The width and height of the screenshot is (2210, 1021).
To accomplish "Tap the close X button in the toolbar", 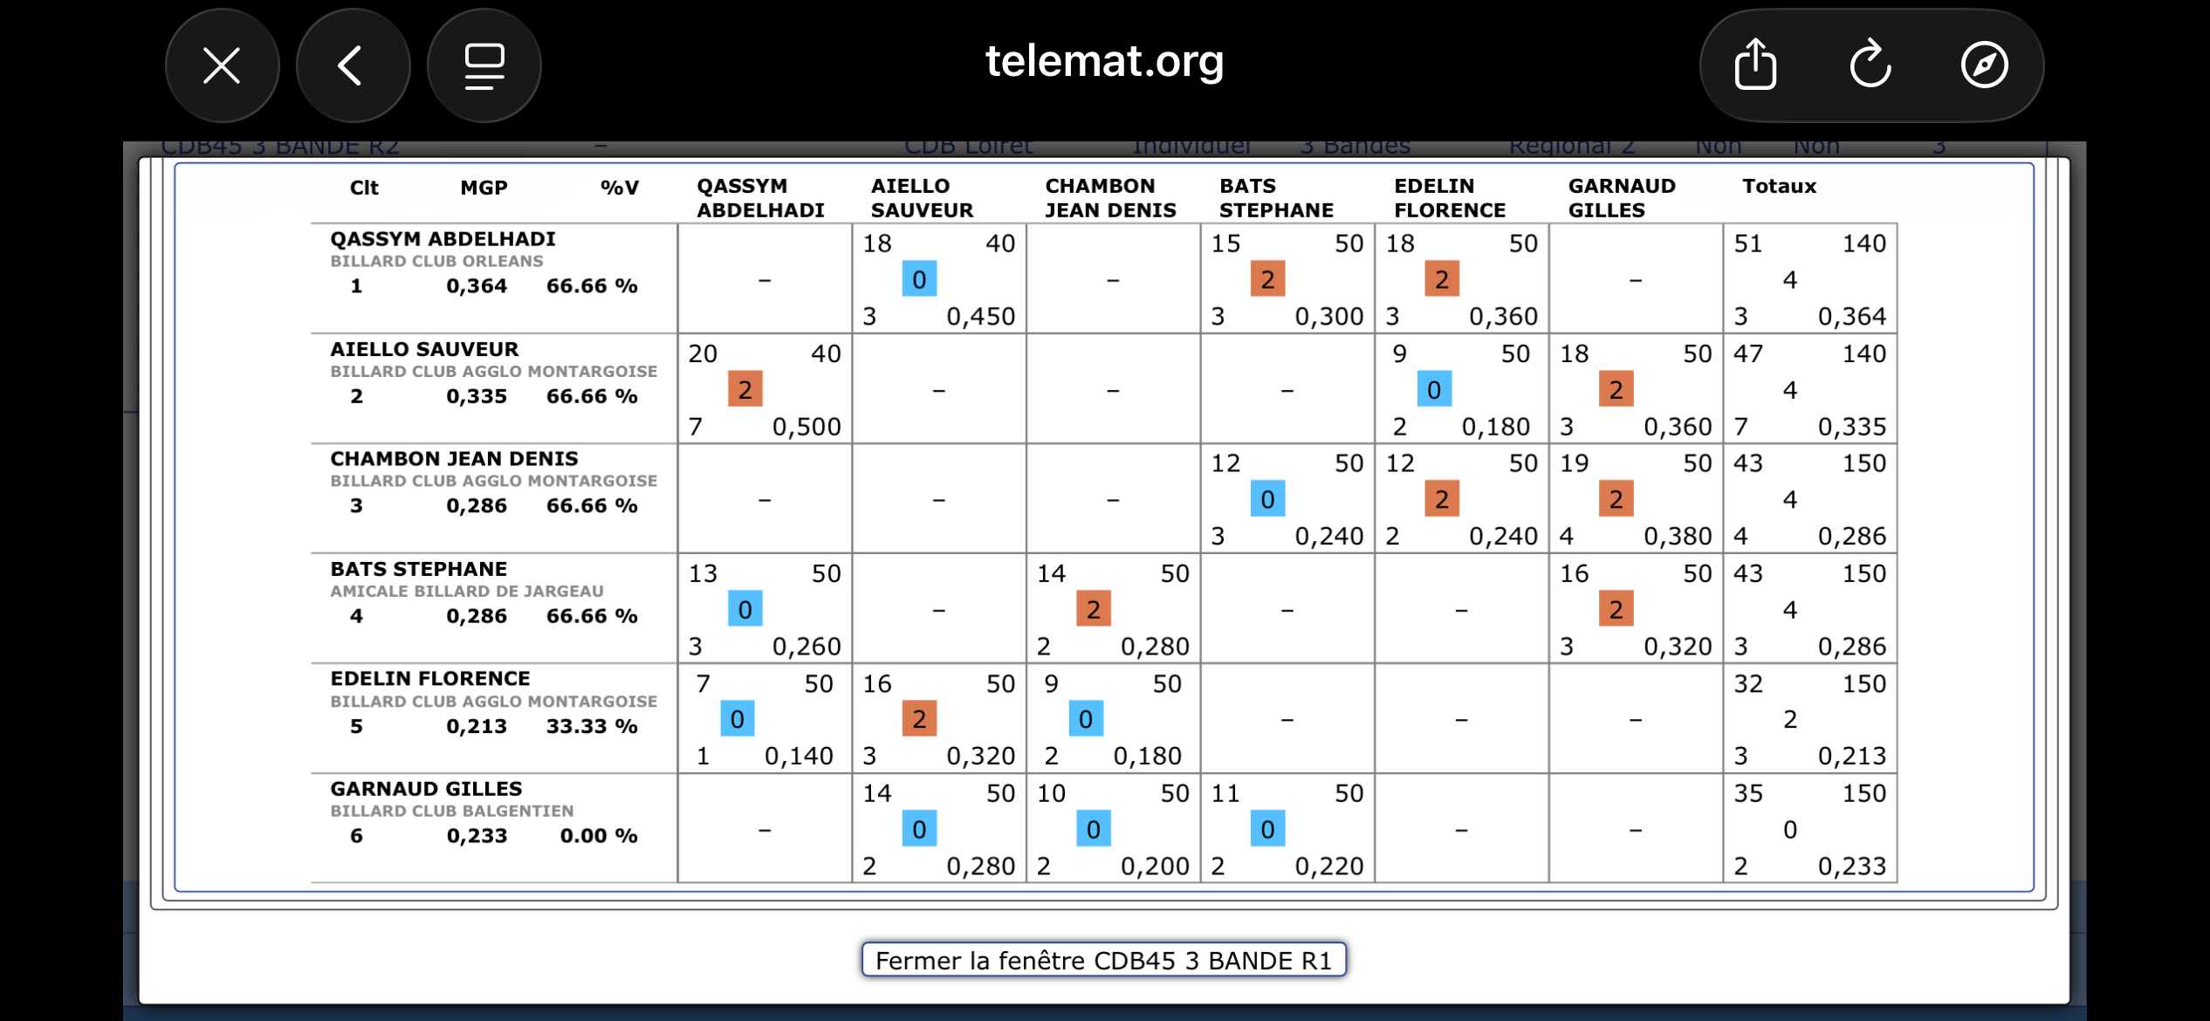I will click(222, 65).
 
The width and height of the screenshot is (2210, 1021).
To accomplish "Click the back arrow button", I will click(352, 65).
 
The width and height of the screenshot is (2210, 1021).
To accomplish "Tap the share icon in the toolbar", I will click(1755, 65).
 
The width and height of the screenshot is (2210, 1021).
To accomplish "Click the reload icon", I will click(1870, 65).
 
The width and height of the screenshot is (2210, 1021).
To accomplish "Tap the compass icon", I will click(1984, 65).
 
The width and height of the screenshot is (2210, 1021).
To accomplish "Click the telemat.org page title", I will click(1104, 61).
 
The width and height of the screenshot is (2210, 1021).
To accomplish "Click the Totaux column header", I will click(1779, 186).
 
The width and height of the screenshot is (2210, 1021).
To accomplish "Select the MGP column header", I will click(484, 188).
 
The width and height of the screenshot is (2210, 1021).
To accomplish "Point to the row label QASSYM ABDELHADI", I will click(443, 239).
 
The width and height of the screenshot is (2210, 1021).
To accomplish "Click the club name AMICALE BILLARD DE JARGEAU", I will click(467, 591).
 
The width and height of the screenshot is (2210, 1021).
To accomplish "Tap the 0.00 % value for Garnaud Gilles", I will click(599, 836).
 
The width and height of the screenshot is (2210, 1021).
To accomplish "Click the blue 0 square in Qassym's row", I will click(919, 279).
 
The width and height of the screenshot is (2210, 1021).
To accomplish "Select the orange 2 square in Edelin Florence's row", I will click(919, 719).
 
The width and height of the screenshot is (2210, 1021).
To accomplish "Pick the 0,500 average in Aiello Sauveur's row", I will click(806, 427).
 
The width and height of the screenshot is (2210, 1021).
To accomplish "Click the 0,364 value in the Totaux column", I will click(1851, 316).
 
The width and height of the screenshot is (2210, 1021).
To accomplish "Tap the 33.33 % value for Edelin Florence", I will click(592, 726).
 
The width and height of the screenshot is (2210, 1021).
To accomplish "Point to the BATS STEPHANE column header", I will click(1276, 198).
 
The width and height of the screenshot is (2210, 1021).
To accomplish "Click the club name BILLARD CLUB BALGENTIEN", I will click(452, 811).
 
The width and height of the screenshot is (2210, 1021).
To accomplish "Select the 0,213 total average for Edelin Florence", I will click(1851, 756).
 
